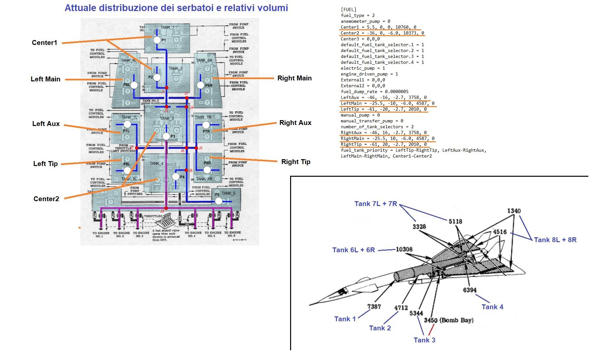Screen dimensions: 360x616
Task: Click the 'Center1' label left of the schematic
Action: [x=44, y=43]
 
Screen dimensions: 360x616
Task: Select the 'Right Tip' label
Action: [x=296, y=162]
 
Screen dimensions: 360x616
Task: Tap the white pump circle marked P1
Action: [x=157, y=40]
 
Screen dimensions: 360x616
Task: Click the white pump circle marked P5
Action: [x=219, y=201]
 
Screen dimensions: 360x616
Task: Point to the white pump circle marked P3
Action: [x=166, y=136]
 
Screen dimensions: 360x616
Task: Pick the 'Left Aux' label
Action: [x=46, y=124]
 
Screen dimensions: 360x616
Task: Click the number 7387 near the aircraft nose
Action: [x=374, y=306]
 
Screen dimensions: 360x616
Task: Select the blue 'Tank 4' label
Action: [x=492, y=307]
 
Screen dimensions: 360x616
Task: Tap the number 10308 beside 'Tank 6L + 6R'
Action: [x=404, y=249]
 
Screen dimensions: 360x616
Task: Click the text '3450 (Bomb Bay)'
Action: [x=449, y=320]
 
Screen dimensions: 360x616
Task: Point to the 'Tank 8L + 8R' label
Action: [x=555, y=240]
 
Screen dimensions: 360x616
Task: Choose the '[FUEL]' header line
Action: [x=348, y=10]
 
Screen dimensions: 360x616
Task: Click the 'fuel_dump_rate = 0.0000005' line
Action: [x=374, y=92]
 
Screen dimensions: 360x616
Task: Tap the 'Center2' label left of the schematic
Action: [x=46, y=199]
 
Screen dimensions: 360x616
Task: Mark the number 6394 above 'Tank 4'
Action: [x=470, y=290]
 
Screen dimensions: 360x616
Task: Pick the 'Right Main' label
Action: [x=294, y=78]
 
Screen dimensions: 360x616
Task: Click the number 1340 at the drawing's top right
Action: [x=514, y=211]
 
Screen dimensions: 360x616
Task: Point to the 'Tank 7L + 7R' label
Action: [x=376, y=204]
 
